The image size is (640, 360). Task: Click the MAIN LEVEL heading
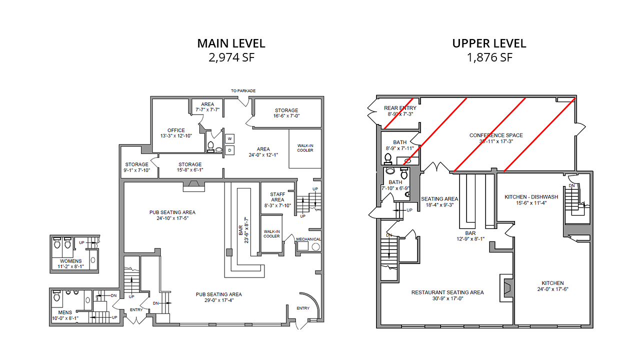231,43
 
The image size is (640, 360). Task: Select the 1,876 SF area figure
489,57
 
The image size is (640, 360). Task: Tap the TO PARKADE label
243,91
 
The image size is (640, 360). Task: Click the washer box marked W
229,139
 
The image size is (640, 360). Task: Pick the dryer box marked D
229,150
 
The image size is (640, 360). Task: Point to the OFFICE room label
176,130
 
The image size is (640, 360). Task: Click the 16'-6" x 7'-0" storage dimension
286,115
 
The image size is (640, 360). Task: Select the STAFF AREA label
277,197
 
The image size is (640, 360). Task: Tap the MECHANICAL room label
308,239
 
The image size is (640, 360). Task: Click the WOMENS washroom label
70,261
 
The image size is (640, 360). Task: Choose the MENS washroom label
65,312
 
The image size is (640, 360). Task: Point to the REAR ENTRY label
400,108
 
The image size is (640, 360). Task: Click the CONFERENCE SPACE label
496,135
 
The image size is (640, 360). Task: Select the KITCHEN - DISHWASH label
531,197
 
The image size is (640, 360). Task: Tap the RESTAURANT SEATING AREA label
447,292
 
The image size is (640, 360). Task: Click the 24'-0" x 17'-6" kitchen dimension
552,289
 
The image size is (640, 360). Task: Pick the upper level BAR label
470,233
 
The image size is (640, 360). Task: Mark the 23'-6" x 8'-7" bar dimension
246,230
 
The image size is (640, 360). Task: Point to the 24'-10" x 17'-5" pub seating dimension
172,218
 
